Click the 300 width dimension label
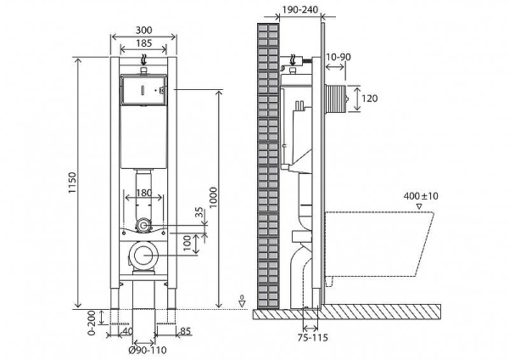[x=143, y=28]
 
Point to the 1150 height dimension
[x=72, y=183]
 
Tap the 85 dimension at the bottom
[x=184, y=332]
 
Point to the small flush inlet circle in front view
[x=145, y=225]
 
